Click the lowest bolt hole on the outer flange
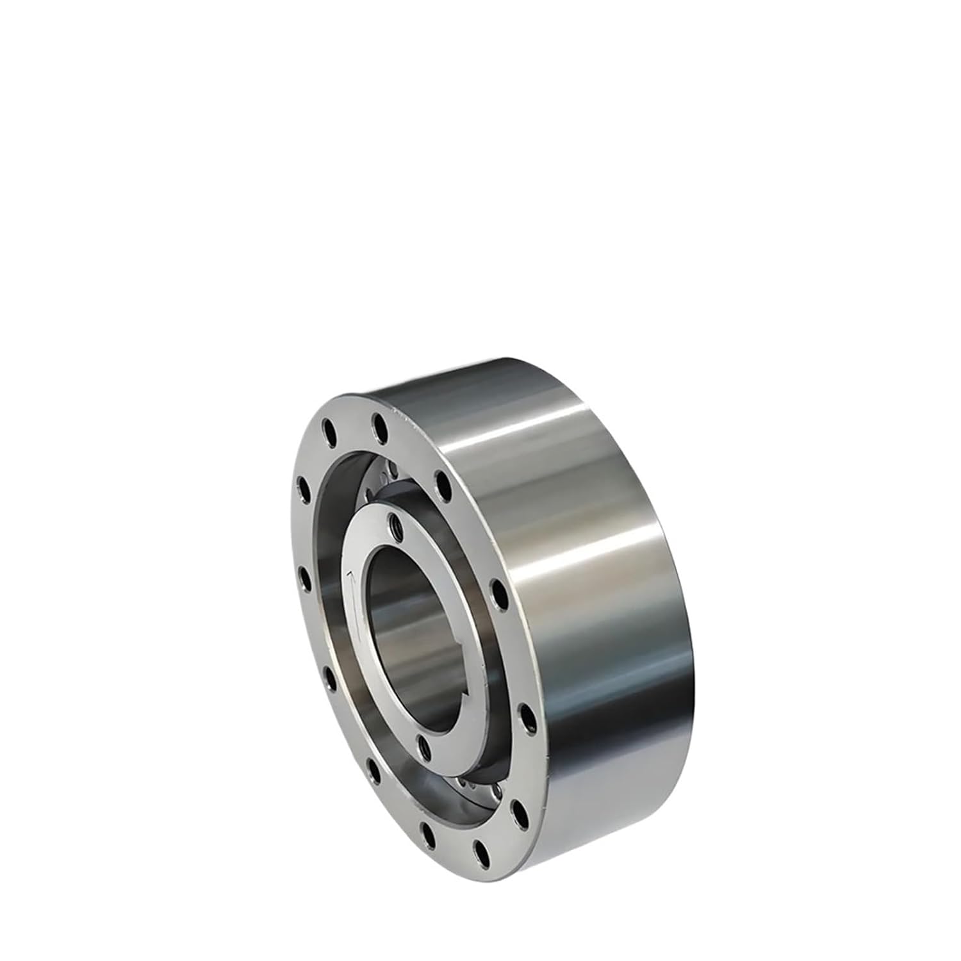coord(480,851)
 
